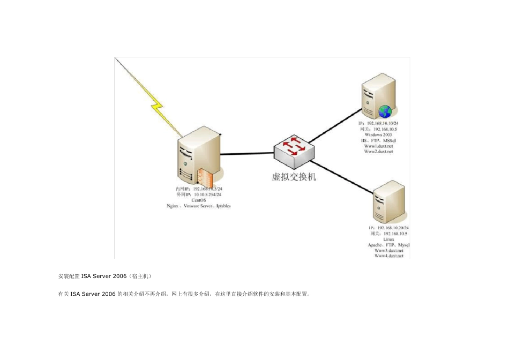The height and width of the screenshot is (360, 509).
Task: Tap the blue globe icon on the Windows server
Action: (x=385, y=111)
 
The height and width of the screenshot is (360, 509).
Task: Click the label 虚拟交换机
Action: (x=293, y=176)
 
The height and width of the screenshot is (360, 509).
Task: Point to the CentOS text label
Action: (x=198, y=200)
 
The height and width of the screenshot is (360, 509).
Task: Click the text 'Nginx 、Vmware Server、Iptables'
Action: (x=199, y=206)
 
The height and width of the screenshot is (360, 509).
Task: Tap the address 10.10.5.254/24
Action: (x=208, y=194)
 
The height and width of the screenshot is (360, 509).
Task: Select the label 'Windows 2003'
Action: (x=379, y=134)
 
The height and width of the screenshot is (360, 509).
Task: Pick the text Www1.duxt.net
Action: (x=379, y=146)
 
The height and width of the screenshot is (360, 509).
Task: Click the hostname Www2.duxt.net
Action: (x=379, y=152)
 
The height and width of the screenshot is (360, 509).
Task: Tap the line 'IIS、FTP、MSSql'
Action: (x=379, y=140)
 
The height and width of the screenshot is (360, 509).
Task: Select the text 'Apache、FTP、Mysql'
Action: (x=389, y=245)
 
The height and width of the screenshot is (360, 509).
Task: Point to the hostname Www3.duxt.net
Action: (x=389, y=250)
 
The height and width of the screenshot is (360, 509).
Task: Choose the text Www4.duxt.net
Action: (x=389, y=256)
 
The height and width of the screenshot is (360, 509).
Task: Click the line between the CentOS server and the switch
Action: (x=246, y=154)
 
